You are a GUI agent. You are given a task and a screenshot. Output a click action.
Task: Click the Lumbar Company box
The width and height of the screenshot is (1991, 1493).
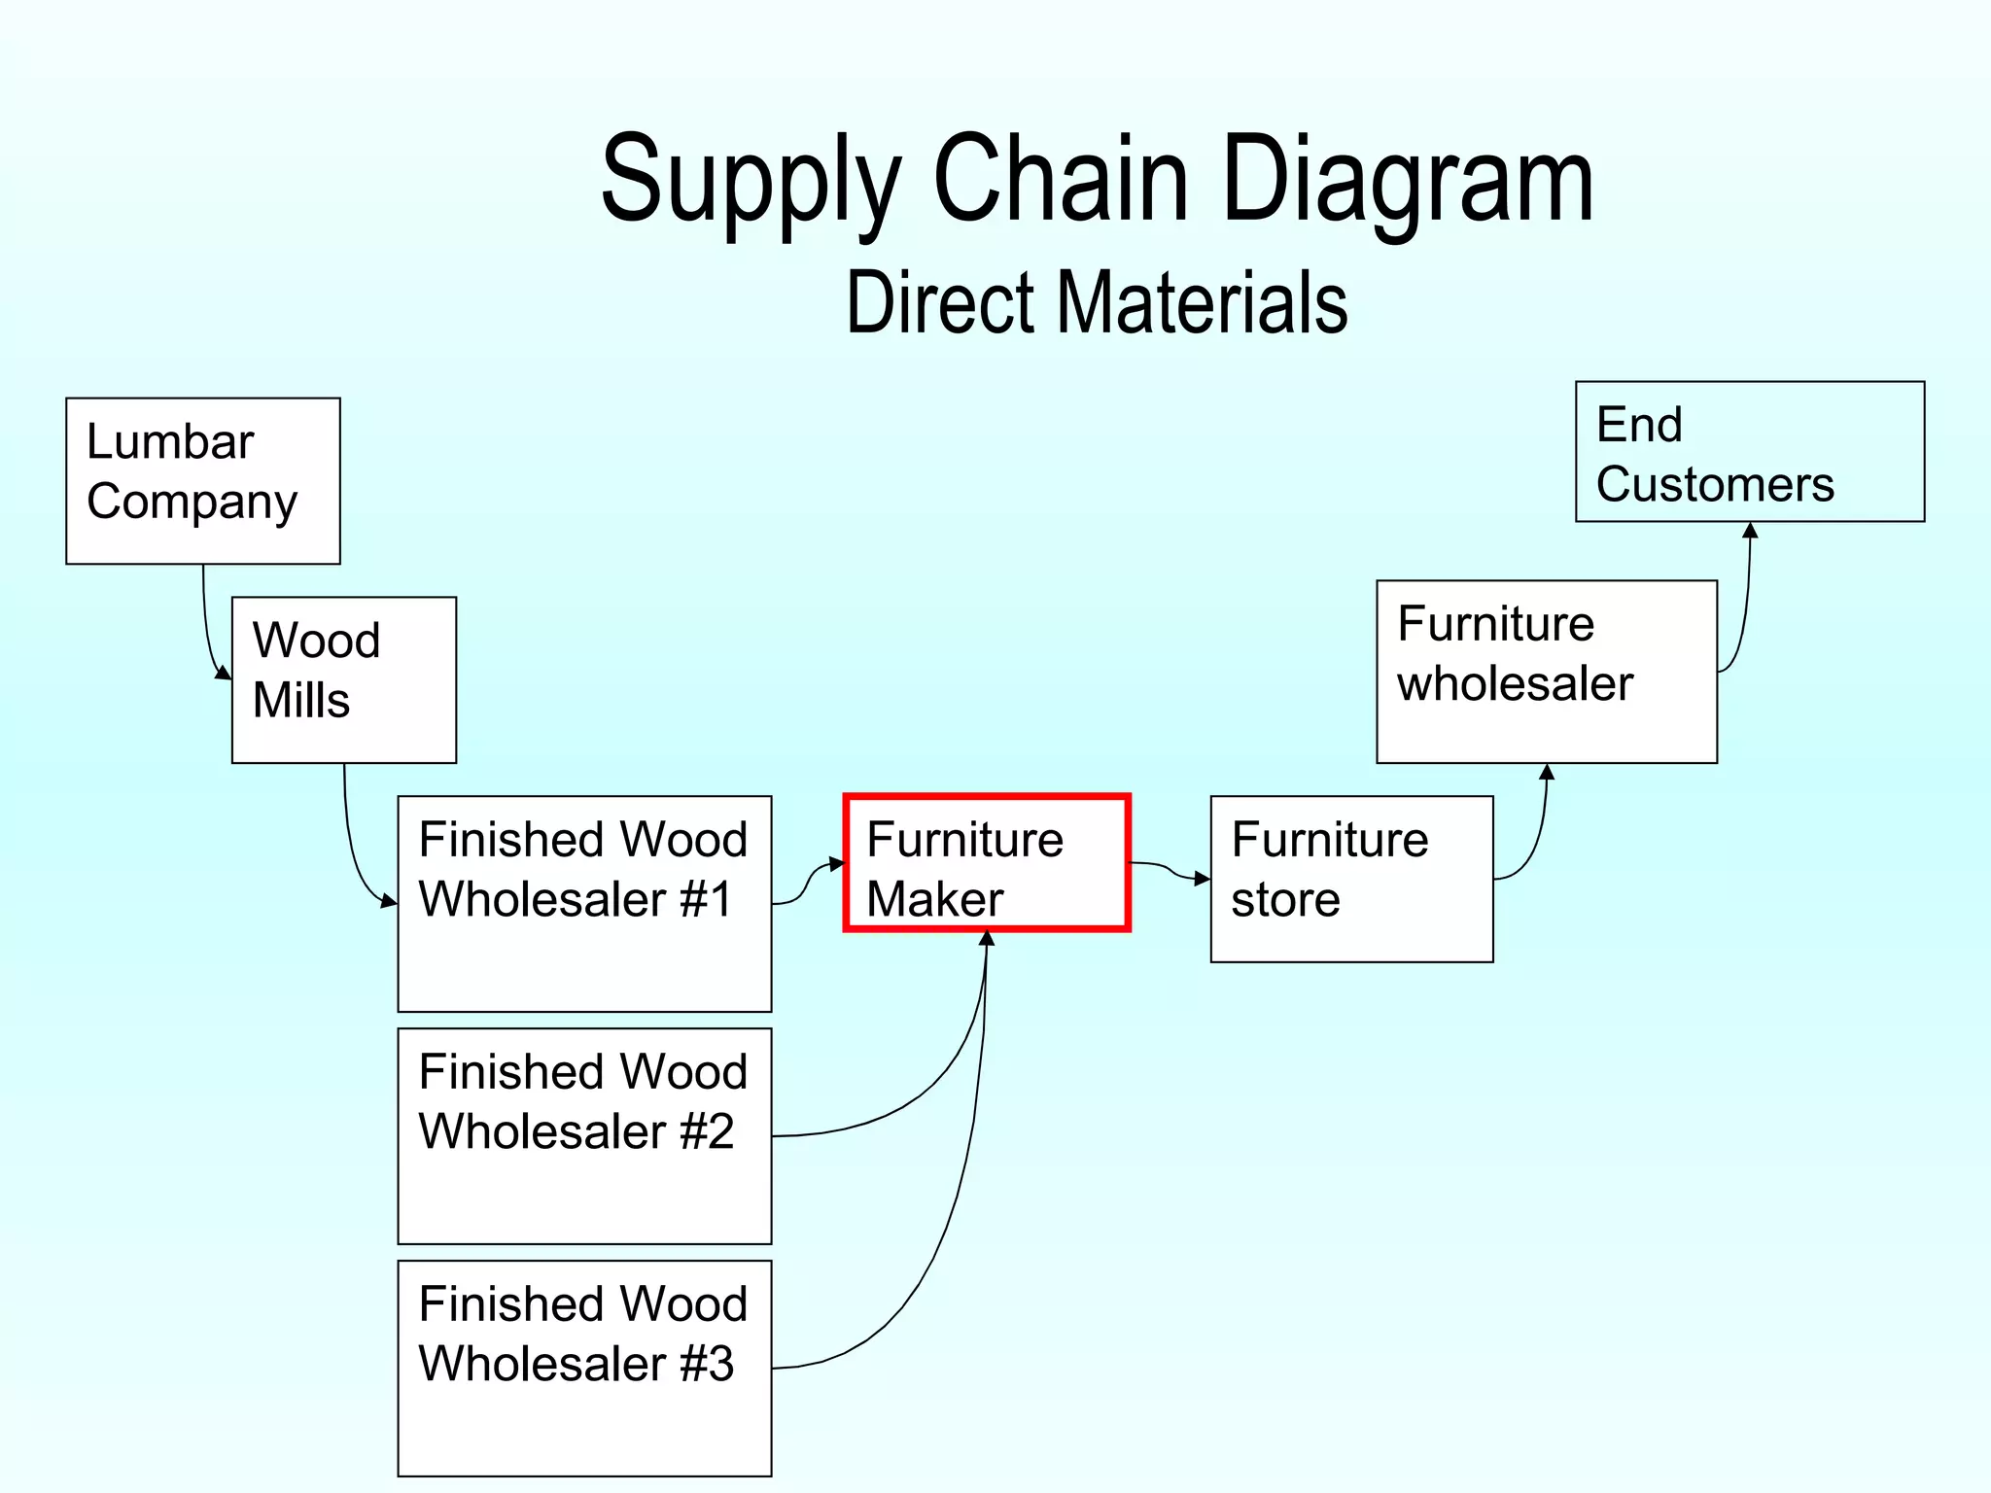click(x=202, y=480)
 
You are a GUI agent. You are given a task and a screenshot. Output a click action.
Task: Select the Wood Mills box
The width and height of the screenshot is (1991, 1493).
click(x=343, y=679)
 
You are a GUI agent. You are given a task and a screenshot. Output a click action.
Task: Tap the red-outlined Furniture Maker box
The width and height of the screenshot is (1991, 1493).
click(x=987, y=863)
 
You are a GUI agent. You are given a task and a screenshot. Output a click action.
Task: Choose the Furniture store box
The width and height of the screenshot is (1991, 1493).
click(x=1351, y=879)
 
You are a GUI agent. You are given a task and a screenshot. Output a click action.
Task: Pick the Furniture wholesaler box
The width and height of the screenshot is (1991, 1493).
click(x=1546, y=671)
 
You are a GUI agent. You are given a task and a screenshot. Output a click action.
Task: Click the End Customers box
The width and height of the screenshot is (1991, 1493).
click(x=1749, y=451)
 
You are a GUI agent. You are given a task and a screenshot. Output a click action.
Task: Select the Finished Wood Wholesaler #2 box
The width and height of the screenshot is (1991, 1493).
click(x=584, y=1135)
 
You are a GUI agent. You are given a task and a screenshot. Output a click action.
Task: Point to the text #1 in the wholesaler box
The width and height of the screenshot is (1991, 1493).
click(x=706, y=899)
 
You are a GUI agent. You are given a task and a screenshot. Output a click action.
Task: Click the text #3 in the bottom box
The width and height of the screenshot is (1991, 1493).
click(x=707, y=1364)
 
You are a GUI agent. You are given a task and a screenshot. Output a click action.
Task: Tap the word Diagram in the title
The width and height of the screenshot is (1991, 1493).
click(x=1407, y=180)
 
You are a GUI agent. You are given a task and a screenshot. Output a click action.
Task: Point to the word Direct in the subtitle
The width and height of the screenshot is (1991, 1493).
click(x=939, y=302)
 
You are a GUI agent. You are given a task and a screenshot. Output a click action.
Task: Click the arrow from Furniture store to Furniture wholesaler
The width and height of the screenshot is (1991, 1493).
click(x=1536, y=836)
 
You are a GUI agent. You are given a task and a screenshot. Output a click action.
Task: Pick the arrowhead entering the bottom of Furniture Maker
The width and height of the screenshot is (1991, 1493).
click(x=987, y=939)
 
